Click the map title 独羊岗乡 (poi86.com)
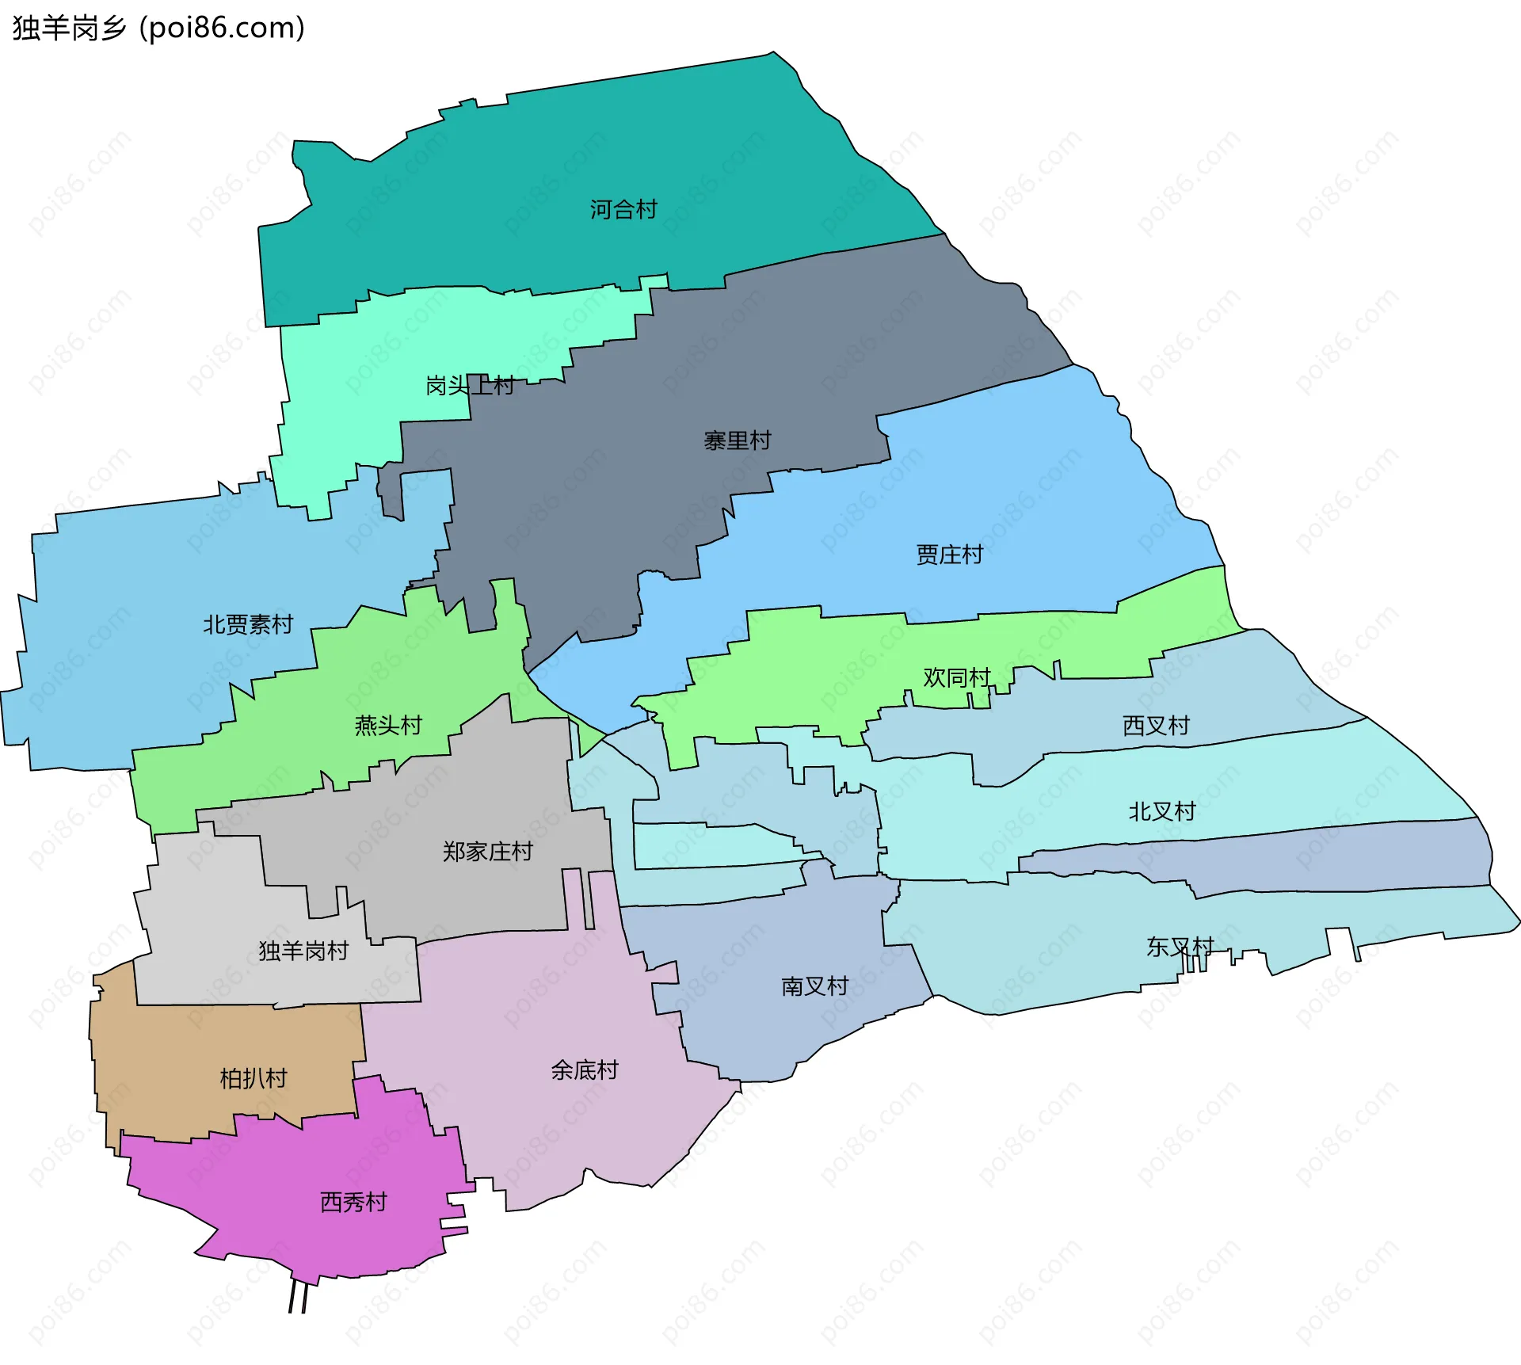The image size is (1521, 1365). [x=158, y=29]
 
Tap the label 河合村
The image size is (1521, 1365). [x=623, y=210]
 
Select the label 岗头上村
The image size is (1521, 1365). [x=470, y=386]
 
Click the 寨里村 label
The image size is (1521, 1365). [x=737, y=440]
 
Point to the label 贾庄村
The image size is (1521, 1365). [x=949, y=555]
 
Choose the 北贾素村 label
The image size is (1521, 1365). [x=247, y=625]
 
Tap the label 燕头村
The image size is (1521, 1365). [x=388, y=726]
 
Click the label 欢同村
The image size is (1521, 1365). [x=956, y=678]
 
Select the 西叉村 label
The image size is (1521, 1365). [x=1156, y=726]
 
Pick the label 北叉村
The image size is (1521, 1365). [x=1161, y=812]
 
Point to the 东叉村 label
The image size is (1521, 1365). [x=1180, y=947]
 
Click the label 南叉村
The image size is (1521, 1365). [x=814, y=986]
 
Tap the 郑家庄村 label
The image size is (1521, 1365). [x=487, y=852]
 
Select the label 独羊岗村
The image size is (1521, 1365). [x=303, y=951]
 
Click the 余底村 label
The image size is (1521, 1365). [x=584, y=1070]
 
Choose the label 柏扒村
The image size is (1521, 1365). [x=253, y=1078]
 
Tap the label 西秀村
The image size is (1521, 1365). [x=353, y=1203]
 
